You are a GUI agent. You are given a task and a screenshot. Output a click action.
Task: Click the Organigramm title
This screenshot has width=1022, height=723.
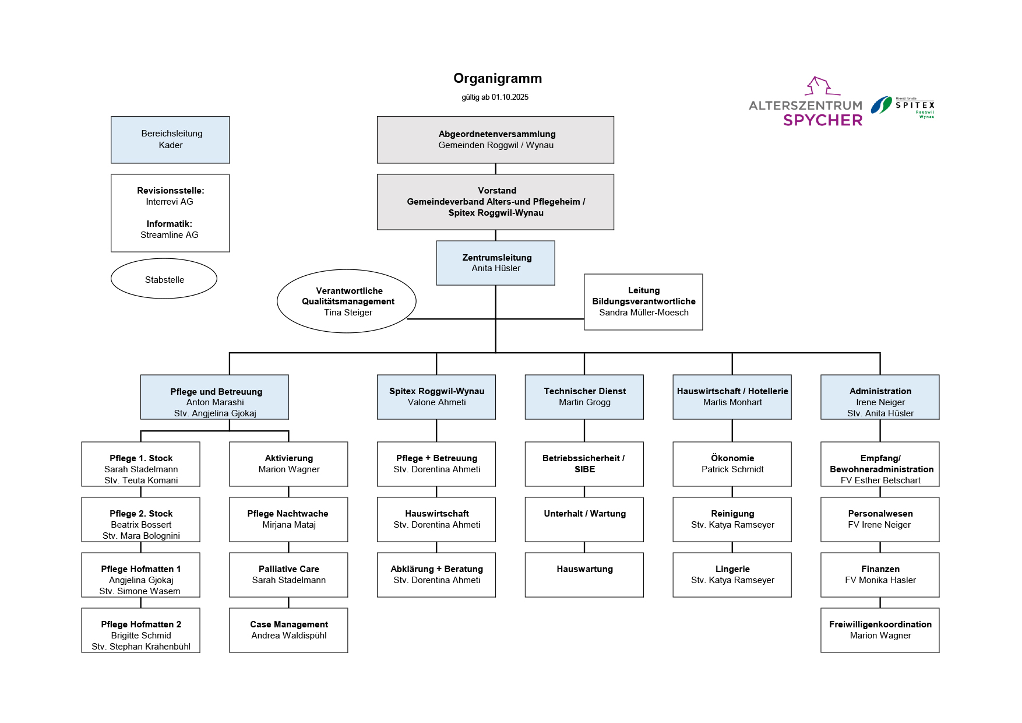(x=498, y=79)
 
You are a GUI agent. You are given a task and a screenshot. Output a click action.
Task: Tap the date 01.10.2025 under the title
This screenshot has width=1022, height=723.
(x=510, y=97)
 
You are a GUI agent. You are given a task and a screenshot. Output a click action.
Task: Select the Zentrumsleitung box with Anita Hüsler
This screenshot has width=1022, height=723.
(x=495, y=263)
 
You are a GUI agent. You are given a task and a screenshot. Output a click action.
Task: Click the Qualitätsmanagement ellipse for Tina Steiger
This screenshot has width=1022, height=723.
(x=347, y=301)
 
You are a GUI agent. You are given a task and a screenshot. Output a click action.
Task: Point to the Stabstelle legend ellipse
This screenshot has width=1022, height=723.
(x=164, y=279)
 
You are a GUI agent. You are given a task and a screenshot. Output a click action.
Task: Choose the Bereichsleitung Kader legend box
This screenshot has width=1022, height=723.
(x=170, y=140)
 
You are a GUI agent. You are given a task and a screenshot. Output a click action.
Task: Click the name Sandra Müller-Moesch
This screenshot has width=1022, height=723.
(x=643, y=313)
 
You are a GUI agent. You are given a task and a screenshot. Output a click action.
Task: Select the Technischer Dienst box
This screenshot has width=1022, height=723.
(x=584, y=397)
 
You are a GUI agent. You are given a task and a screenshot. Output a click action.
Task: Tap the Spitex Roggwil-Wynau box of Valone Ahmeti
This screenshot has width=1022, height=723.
(x=436, y=397)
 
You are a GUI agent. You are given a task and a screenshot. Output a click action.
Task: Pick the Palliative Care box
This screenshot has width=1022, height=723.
(x=288, y=575)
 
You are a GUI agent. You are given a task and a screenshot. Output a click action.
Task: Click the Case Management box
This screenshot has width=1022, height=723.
(x=288, y=630)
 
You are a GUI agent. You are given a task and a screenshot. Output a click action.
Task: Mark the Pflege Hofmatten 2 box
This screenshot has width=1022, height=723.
(x=140, y=630)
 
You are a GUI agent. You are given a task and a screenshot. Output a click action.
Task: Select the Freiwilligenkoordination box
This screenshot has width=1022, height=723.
(x=880, y=630)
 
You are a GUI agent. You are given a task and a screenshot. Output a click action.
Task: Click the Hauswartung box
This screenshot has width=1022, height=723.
(x=584, y=575)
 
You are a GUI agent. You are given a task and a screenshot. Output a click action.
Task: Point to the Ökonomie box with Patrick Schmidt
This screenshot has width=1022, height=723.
(x=732, y=464)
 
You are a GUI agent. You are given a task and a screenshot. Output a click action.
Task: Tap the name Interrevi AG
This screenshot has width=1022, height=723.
(x=170, y=202)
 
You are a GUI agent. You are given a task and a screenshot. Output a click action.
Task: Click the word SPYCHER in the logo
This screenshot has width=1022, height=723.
(x=823, y=120)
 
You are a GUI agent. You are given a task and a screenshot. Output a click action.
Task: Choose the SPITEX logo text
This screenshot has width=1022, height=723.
(x=915, y=106)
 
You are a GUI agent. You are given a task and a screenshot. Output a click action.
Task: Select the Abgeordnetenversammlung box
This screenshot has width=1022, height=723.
(x=495, y=140)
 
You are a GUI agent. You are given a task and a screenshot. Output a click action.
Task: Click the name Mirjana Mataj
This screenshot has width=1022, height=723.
(x=288, y=525)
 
